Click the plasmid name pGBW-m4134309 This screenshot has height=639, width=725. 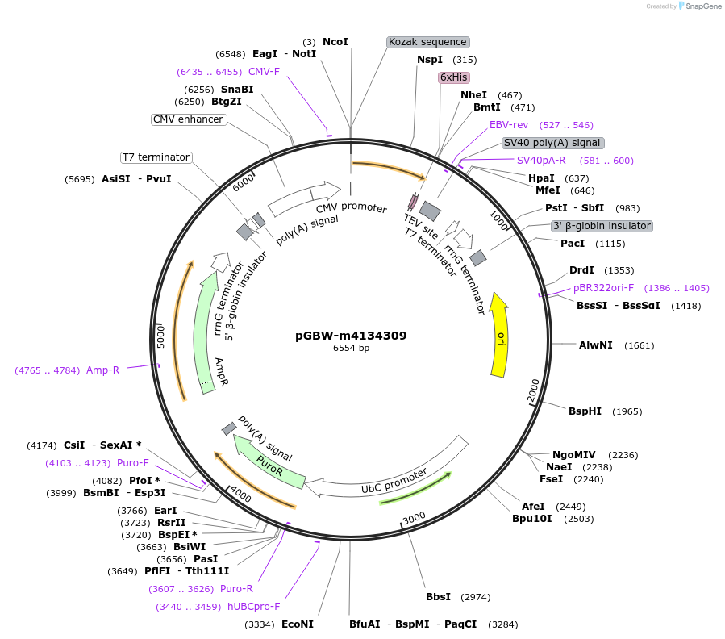[351, 336]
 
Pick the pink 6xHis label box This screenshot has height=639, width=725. [453, 77]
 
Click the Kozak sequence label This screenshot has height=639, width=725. [427, 42]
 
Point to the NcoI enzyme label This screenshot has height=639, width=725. [335, 41]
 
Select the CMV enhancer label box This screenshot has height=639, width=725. [188, 119]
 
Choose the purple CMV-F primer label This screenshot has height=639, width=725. [264, 72]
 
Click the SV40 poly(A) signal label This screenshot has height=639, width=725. [552, 143]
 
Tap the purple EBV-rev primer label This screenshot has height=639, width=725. [508, 125]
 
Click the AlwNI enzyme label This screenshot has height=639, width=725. [595, 345]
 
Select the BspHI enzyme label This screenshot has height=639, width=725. [585, 411]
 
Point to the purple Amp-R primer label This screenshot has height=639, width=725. [102, 370]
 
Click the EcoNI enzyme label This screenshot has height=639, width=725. [297, 624]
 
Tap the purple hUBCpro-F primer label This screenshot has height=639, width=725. [253, 607]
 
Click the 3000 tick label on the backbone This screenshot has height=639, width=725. [414, 517]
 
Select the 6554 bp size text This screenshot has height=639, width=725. [351, 349]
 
